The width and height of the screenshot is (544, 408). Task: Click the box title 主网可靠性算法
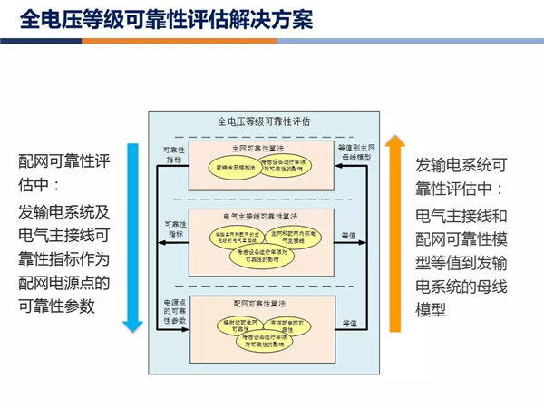257,147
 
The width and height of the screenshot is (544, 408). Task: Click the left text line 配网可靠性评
63,161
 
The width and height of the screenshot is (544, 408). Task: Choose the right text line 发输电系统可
460,165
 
